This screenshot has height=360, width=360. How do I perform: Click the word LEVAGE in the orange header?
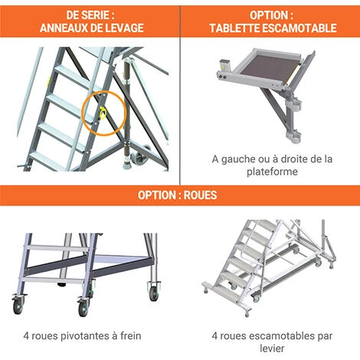pos(124,28)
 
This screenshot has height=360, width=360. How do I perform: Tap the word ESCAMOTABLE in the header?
pos(299,28)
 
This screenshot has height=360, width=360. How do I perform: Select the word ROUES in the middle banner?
pos(201,195)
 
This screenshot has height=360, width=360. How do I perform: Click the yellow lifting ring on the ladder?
pos(103,113)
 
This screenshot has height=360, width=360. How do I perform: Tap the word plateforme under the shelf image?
pos(272,172)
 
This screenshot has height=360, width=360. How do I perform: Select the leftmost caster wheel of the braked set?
pos(18,306)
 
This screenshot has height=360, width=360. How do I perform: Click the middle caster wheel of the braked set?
pos(83,308)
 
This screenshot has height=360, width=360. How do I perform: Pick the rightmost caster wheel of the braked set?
pos(154,293)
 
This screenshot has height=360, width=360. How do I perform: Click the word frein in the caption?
pos(131,335)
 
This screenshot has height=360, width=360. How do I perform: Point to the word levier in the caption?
pos(272,348)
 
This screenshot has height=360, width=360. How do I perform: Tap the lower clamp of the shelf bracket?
pos(293,136)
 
